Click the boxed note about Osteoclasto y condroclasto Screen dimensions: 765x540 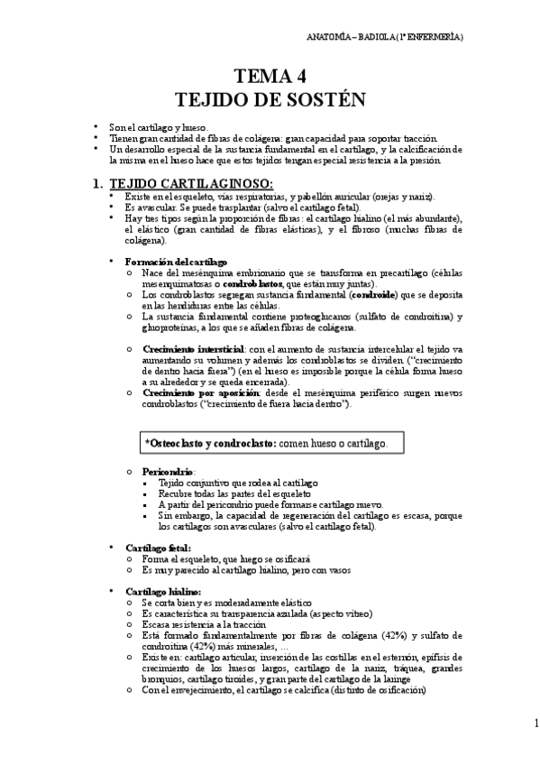(x=267, y=443)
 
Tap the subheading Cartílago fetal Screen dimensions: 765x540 (x=158, y=547)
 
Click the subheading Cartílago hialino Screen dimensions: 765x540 (x=161, y=590)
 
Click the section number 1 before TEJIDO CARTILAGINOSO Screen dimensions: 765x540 (x=98, y=183)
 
